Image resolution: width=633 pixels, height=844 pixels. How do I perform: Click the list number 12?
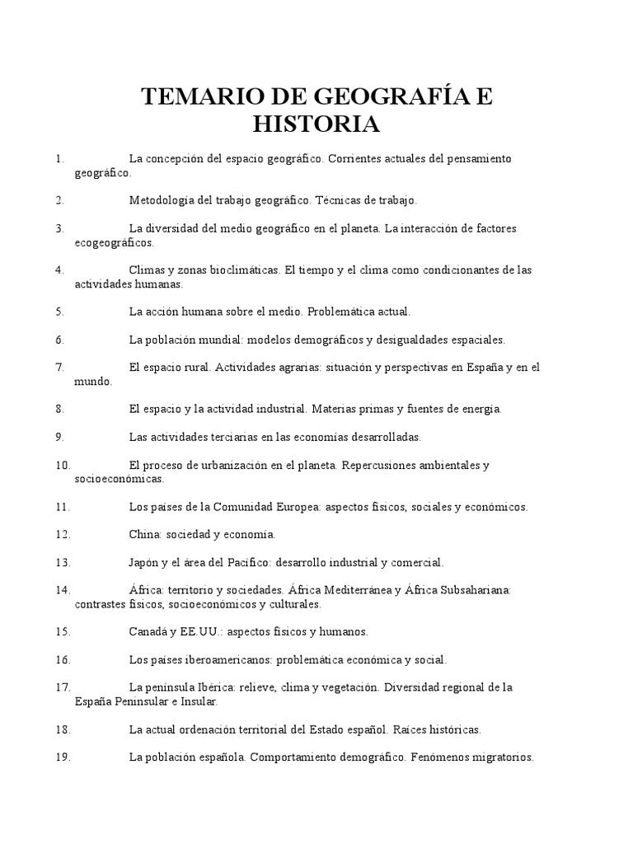[x=63, y=534]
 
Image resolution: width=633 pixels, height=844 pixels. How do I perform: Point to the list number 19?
[x=63, y=757]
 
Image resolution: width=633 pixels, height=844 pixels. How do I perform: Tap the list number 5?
[x=59, y=312]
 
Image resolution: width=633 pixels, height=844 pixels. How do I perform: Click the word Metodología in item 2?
[x=162, y=199]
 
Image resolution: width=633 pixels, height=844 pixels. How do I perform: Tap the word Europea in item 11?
[x=299, y=506]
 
